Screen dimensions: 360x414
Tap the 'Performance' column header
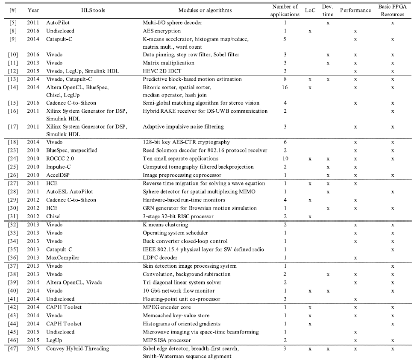[355, 10]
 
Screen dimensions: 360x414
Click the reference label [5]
[12, 23]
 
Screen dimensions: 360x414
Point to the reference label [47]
[12, 348]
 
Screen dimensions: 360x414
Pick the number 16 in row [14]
[285, 87]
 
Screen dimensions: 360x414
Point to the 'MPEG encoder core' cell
[167, 307]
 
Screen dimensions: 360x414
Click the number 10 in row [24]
[285, 158]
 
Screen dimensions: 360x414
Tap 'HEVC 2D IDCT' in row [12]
[161, 70]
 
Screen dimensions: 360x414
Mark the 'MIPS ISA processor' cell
[167, 340]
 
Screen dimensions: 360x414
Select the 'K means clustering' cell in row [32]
[165, 225]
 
